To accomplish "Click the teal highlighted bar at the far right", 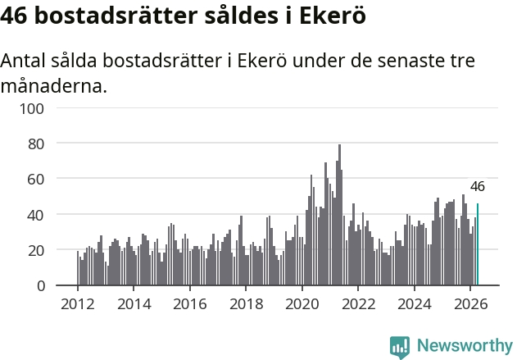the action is click(x=478, y=244).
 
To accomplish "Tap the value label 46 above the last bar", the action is click(x=478, y=186).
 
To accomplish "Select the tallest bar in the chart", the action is click(x=339, y=215).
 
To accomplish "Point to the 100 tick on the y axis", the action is click(x=32, y=108).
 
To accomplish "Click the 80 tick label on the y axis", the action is click(x=35, y=144).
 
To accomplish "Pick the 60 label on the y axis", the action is click(x=35, y=179).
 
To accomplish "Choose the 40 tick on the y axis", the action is click(x=35, y=215).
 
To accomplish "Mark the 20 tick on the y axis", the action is click(x=35, y=250).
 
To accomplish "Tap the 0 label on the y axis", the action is click(x=40, y=285).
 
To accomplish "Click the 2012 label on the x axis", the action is click(x=78, y=304).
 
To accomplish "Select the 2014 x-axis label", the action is click(x=134, y=304).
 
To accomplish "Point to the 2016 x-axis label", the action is click(x=190, y=304).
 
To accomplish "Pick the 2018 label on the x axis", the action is click(x=247, y=304).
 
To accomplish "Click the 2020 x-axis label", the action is click(x=302, y=304).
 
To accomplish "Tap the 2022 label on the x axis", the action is click(x=358, y=304).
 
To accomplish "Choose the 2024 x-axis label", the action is click(x=415, y=304).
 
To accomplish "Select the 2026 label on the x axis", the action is click(x=470, y=304).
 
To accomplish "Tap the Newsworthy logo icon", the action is click(x=400, y=347).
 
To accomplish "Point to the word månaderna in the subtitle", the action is click(x=54, y=86).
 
